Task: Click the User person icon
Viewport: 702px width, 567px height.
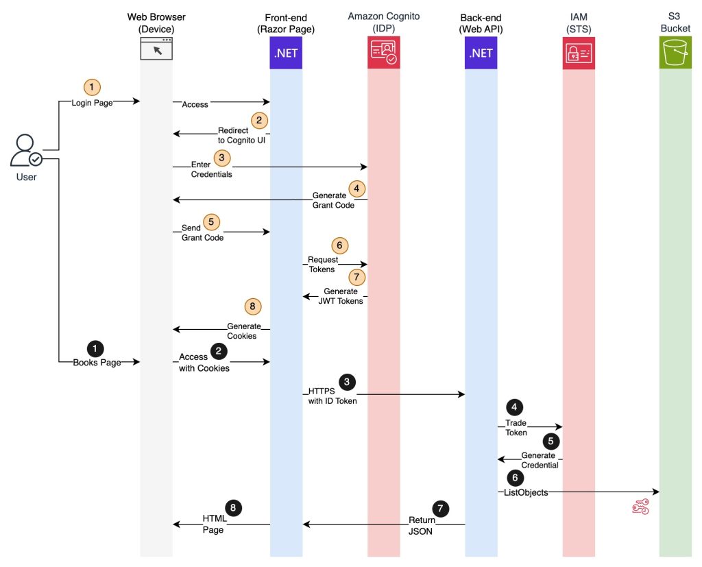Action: pos(26,150)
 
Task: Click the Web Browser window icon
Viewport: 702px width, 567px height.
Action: pos(156,49)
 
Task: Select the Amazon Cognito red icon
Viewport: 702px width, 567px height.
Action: pos(384,52)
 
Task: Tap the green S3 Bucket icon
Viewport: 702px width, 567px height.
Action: pos(675,52)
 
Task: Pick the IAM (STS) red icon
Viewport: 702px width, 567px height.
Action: pos(579,53)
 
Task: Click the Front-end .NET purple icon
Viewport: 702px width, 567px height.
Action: pos(286,53)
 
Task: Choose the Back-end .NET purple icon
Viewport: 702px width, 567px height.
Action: pos(481,53)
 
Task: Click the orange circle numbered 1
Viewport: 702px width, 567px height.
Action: pos(92,87)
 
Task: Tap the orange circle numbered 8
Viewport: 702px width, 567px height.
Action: pos(252,306)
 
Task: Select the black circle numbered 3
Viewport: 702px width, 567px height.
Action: pos(347,382)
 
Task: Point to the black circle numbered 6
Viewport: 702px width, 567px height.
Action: pos(515,478)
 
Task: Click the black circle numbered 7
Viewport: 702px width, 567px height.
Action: pos(441,508)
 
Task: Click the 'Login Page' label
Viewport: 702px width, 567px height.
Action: pos(93,103)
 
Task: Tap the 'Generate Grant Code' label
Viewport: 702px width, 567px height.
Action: pos(334,200)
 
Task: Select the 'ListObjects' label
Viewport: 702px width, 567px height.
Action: pos(526,492)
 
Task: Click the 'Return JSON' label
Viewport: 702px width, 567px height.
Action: pos(422,525)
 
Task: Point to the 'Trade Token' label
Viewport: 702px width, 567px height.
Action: pos(516,428)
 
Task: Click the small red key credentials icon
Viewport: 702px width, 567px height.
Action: pos(640,507)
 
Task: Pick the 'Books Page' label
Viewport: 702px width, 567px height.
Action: pos(97,362)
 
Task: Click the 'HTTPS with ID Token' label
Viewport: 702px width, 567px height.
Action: pos(332,396)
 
